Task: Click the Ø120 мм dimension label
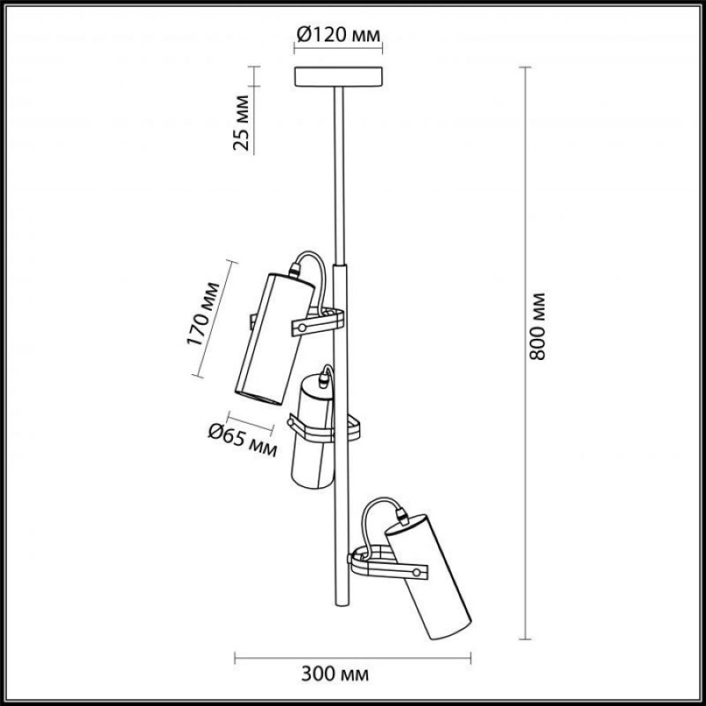338,34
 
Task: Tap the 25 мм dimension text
241,123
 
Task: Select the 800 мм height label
537,327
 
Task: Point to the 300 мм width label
335,674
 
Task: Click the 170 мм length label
203,314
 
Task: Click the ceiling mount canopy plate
338,77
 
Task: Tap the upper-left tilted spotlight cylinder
274,338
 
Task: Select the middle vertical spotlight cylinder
312,432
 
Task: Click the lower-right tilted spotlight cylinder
428,576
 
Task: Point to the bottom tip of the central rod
342,605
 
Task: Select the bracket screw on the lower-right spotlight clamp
417,573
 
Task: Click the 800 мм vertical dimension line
524,353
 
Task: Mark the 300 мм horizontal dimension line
352,658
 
